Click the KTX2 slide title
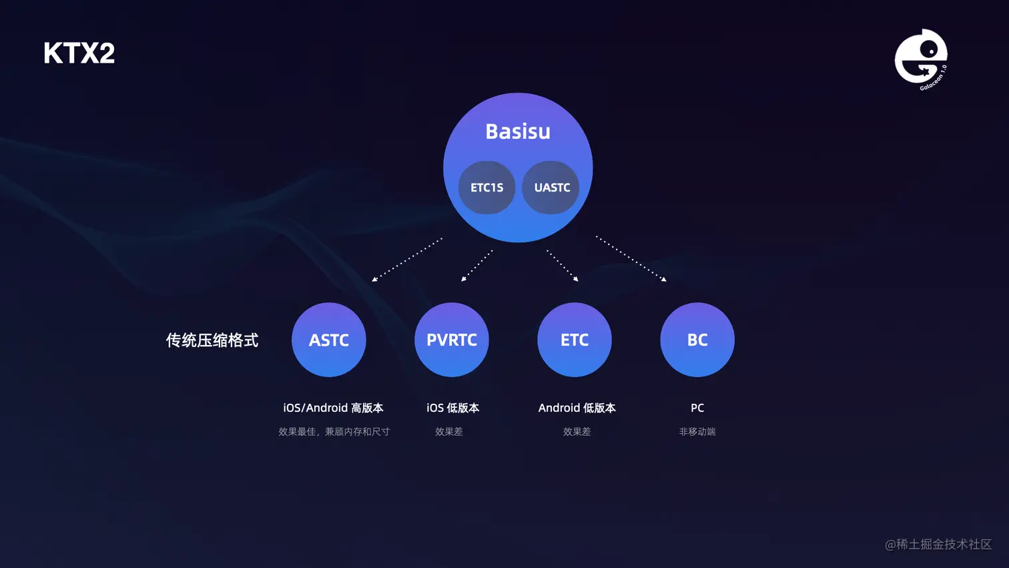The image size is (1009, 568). [79, 53]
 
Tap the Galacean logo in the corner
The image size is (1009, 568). [921, 59]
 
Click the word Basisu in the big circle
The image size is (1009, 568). [518, 131]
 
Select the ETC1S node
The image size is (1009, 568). [486, 188]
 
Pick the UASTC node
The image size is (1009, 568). [551, 188]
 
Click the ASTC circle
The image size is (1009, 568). [329, 340]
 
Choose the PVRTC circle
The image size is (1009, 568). [452, 340]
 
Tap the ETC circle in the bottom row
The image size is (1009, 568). [575, 340]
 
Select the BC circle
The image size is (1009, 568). [697, 340]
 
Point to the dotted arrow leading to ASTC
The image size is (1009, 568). [406, 260]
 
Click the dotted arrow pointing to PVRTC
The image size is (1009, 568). [476, 266]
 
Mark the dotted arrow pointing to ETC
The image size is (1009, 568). [562, 266]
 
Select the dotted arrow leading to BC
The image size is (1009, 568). [631, 258]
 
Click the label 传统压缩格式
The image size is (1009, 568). [212, 340]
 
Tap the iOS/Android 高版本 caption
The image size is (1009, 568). [333, 408]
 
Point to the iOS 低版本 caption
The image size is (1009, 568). [452, 408]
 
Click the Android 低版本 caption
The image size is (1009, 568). [577, 408]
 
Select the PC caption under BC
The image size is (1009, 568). [697, 408]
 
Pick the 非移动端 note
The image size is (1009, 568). [697, 432]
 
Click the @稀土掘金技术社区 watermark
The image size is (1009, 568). [938, 545]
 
